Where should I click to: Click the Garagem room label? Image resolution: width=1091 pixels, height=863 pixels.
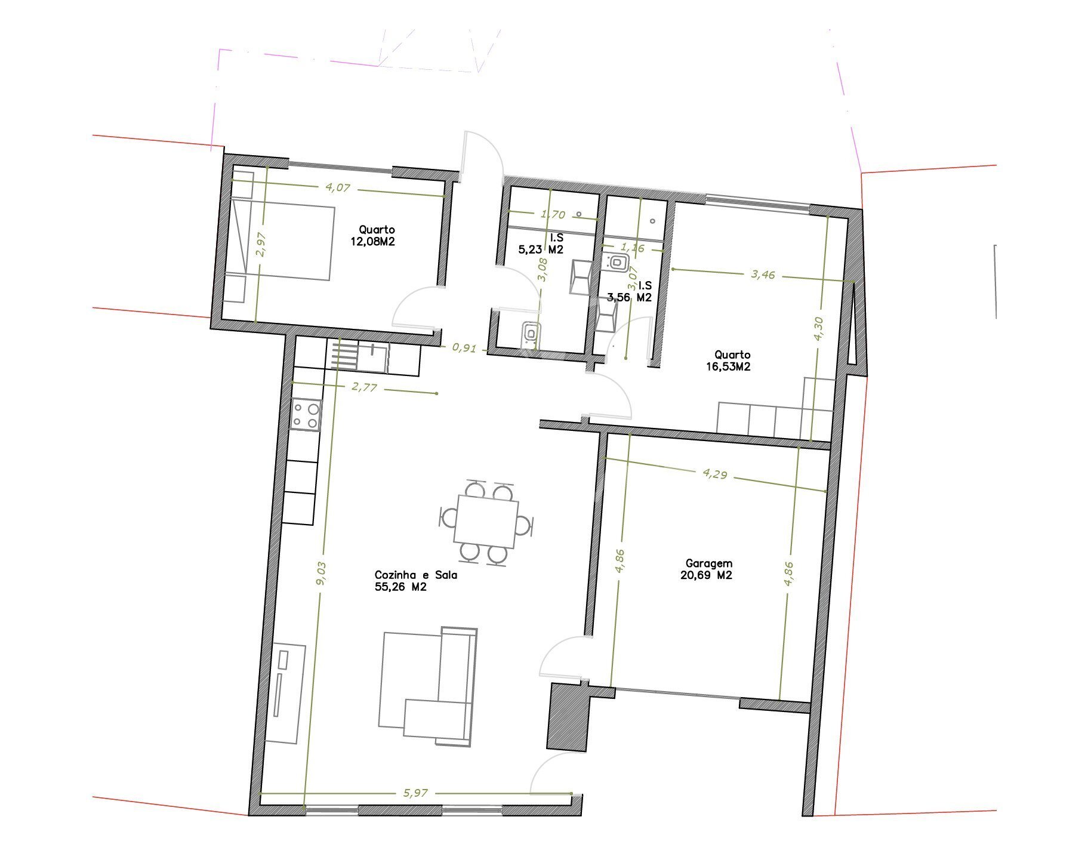pyautogui.click(x=708, y=563)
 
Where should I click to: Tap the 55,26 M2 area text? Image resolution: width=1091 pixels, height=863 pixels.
pyautogui.click(x=400, y=587)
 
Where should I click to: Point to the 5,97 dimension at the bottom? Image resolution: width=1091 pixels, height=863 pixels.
pyautogui.click(x=415, y=793)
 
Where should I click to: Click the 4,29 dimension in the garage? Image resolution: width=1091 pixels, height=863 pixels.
pyautogui.click(x=715, y=474)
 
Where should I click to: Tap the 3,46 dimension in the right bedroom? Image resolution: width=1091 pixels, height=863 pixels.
pyautogui.click(x=763, y=275)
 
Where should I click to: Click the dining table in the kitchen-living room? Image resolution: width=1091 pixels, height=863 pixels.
pyautogui.click(x=486, y=521)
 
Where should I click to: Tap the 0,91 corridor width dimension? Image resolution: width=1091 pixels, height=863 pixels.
pyautogui.click(x=464, y=347)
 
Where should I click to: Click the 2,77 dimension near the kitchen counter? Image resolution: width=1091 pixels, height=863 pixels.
pyautogui.click(x=364, y=387)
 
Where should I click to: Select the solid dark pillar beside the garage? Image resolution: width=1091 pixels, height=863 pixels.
pyautogui.click(x=568, y=716)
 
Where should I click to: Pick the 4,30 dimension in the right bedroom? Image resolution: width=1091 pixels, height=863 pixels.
pyautogui.click(x=818, y=328)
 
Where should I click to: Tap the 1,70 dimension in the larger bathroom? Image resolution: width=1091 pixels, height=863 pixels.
pyautogui.click(x=552, y=214)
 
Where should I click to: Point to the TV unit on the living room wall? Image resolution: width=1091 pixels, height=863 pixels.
pyautogui.click(x=285, y=694)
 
